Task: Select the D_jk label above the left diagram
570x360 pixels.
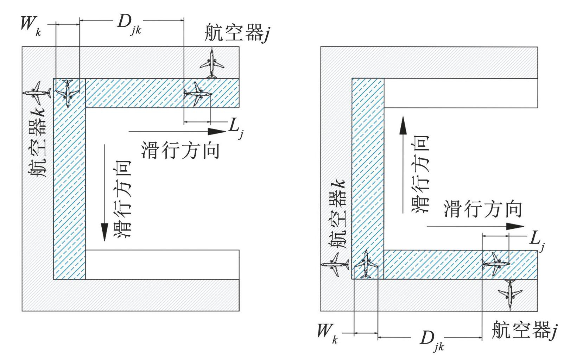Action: click(x=129, y=24)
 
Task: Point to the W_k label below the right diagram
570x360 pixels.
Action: click(x=328, y=334)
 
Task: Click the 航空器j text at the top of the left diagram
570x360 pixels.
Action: click(x=237, y=33)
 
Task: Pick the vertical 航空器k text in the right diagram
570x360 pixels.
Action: click(x=336, y=214)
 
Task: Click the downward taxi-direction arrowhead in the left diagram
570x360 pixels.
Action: click(x=104, y=232)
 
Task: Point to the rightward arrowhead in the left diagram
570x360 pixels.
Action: click(x=217, y=132)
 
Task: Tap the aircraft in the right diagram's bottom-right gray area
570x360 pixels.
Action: click(x=510, y=295)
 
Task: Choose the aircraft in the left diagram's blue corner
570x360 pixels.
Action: click(x=68, y=93)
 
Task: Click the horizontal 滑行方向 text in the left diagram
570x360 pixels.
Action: click(x=180, y=151)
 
